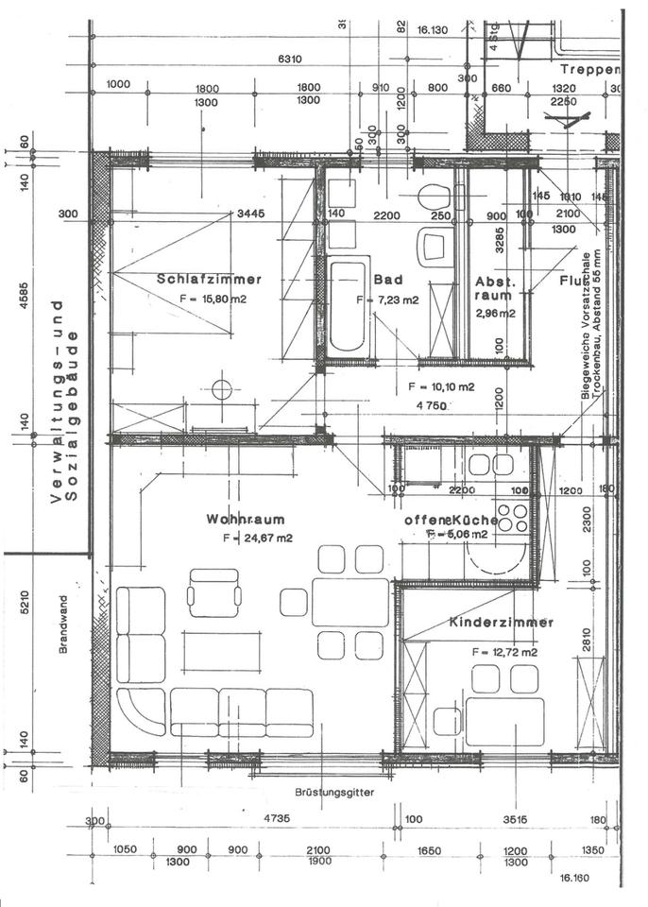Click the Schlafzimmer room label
(209, 279)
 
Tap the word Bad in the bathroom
(388, 280)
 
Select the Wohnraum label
(246, 520)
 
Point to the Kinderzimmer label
(501, 624)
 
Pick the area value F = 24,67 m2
(258, 539)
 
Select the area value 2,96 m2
(495, 314)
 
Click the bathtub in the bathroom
(347, 305)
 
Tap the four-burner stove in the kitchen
(512, 519)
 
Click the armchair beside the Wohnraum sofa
(213, 592)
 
